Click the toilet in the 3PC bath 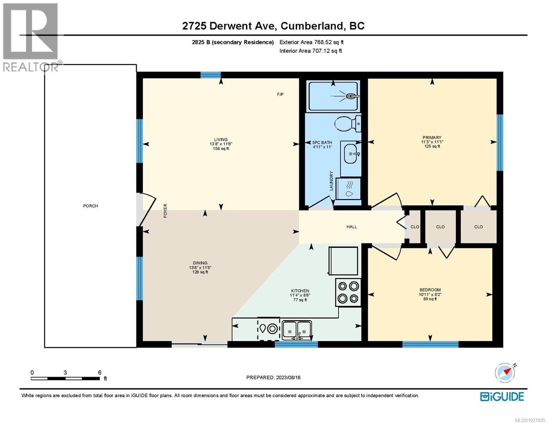click(347, 124)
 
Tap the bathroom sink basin click(350, 154)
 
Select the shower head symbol click(350, 96)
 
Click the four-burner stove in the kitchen click(348, 292)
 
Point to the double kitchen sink click(297, 329)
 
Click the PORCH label click(91, 206)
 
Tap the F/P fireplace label click(280, 94)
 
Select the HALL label click(352, 227)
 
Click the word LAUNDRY click(331, 181)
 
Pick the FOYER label click(165, 210)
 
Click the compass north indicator click(505, 373)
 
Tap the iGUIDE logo click(502, 397)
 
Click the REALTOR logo click(30, 37)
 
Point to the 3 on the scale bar click(65, 373)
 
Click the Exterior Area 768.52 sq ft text click(311, 42)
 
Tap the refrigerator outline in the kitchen click(343, 261)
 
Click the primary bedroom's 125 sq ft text click(432, 146)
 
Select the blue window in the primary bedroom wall click(499, 142)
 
